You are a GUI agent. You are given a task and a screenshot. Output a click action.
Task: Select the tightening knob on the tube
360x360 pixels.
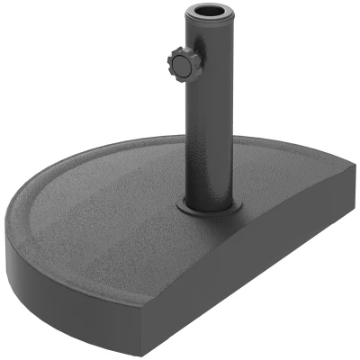pos(176,66)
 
